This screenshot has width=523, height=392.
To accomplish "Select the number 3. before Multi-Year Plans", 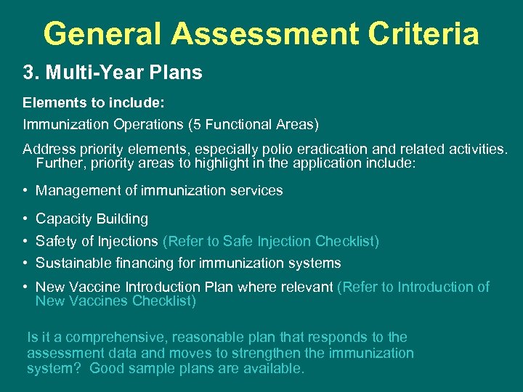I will coord(31,73).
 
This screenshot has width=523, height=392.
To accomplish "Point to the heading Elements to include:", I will coord(90,102).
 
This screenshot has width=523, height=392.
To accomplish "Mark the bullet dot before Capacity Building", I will coord(25,219).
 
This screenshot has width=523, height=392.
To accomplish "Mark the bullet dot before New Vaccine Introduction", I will coord(25,287).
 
